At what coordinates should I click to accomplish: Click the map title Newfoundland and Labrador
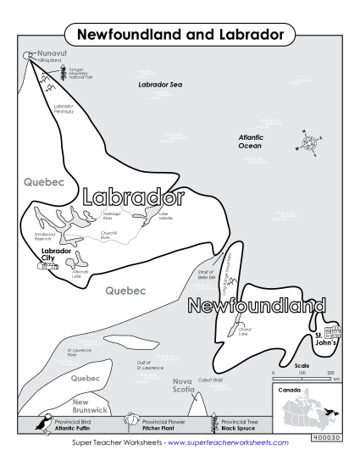(180, 36)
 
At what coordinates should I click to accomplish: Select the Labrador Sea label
(160, 86)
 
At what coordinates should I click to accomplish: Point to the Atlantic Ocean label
(250, 141)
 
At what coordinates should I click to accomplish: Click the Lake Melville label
(165, 218)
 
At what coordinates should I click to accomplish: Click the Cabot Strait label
(210, 380)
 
